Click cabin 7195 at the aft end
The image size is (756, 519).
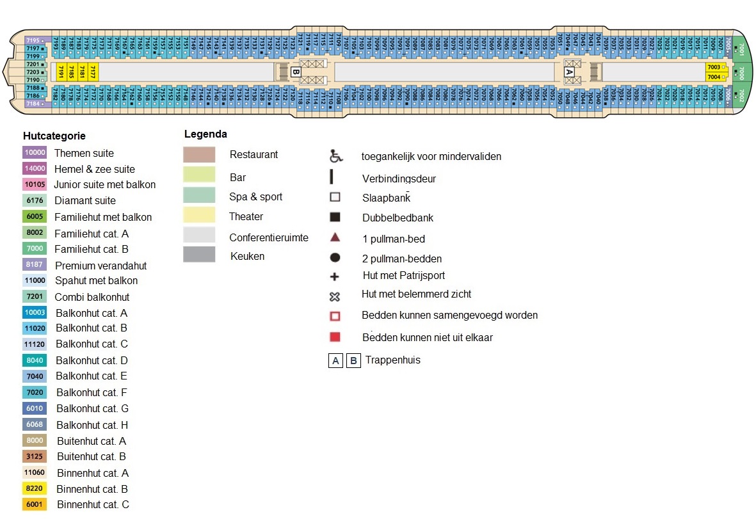34,40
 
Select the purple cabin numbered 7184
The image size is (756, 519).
34,104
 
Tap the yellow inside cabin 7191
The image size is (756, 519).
61,71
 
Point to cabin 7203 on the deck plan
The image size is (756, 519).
34,72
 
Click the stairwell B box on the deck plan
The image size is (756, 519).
295,72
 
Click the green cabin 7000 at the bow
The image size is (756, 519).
741,72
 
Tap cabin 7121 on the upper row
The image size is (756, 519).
300,44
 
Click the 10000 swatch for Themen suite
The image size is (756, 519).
35,153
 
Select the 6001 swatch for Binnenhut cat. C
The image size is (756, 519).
35,504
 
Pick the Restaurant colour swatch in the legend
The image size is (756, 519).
199,155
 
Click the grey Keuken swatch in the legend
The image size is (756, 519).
199,255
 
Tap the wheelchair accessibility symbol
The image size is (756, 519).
335,156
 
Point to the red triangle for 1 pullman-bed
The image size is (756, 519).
335,238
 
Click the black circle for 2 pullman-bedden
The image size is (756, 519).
335,259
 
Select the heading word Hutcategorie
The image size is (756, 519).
54,136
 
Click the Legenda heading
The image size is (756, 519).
205,134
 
